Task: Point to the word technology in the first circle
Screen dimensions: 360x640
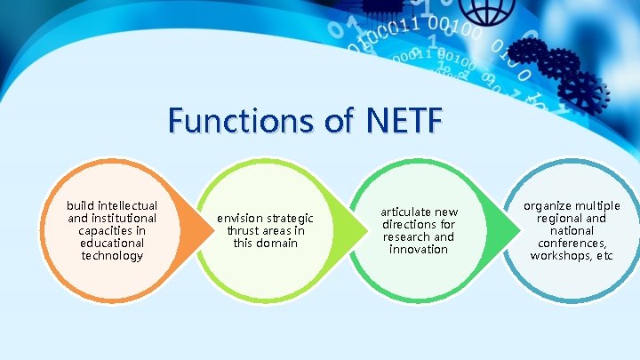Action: tap(112, 256)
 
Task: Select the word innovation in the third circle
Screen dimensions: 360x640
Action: tap(419, 250)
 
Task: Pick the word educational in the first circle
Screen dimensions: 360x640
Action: tap(112, 244)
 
